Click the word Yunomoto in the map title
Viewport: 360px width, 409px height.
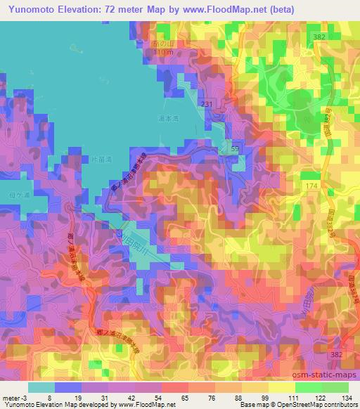(x=30, y=8)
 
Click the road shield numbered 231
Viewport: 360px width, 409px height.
(x=206, y=104)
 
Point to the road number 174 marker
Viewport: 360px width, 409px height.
(x=312, y=184)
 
